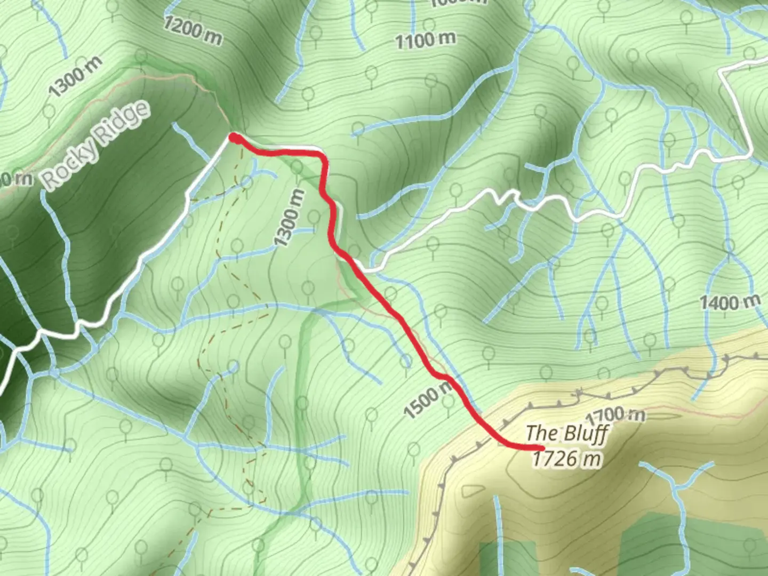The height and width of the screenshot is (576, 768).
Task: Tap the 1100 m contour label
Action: (426, 39)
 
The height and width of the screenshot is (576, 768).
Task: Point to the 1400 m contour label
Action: (730, 302)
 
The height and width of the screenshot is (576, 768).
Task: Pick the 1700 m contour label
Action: (615, 414)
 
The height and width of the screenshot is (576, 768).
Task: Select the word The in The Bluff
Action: (541, 432)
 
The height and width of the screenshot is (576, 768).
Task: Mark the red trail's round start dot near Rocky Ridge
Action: (234, 139)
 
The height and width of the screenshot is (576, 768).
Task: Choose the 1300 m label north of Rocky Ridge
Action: (75, 77)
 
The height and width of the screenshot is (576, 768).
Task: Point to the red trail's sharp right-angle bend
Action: (322, 157)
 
